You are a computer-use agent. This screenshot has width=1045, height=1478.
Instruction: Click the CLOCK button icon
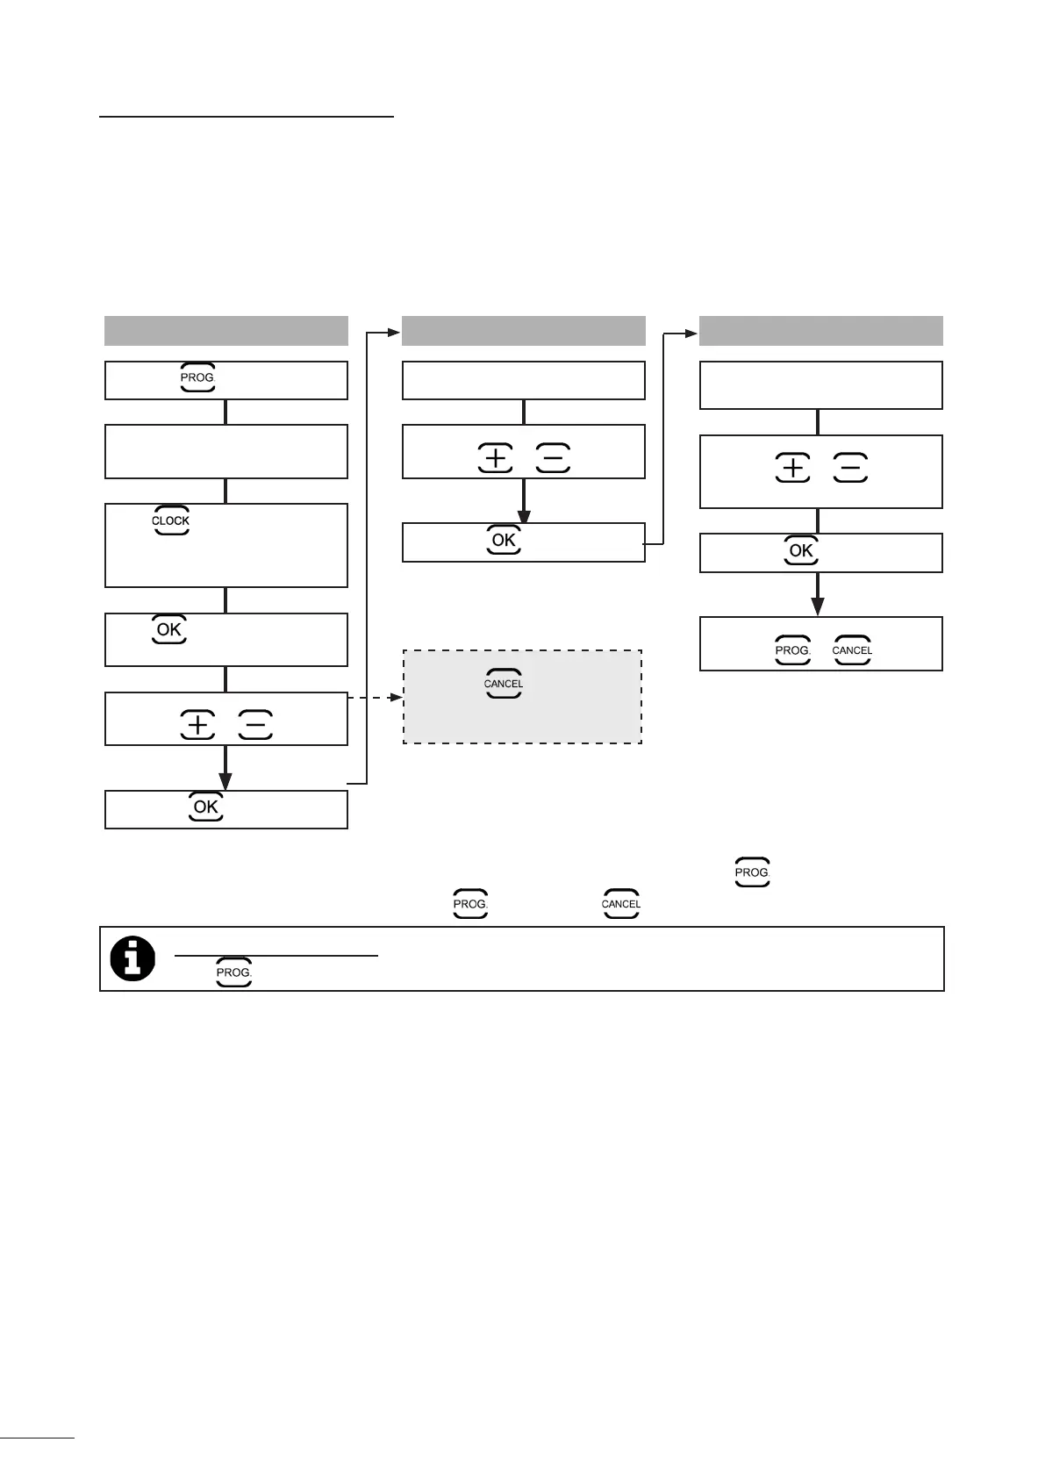(170, 520)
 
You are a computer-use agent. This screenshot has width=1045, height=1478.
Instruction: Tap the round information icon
(132, 958)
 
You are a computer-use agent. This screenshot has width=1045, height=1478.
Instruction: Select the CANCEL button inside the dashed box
(504, 684)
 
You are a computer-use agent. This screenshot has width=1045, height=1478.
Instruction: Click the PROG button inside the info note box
(234, 972)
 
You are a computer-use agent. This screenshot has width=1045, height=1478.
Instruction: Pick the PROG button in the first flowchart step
(197, 377)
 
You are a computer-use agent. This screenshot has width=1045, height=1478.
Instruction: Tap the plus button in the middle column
(496, 458)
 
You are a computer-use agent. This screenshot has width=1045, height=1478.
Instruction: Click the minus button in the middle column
(552, 458)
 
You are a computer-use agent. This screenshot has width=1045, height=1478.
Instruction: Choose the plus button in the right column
(793, 469)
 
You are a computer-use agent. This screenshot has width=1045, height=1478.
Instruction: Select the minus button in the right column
(850, 469)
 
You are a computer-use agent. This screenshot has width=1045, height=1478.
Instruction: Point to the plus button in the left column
(198, 725)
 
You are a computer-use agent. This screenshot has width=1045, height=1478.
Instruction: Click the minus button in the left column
(255, 725)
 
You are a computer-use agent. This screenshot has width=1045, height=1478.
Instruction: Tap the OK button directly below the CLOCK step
(169, 629)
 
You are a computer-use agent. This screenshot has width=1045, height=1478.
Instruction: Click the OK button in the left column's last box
(206, 807)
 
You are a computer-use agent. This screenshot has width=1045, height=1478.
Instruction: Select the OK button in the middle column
(504, 540)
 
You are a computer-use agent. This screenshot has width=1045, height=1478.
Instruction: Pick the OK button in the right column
(801, 550)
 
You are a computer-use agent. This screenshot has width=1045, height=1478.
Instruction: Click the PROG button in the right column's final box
(792, 650)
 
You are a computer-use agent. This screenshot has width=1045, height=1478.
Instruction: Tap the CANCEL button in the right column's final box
(852, 650)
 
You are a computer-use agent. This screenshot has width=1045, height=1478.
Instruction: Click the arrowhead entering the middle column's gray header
(394, 333)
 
